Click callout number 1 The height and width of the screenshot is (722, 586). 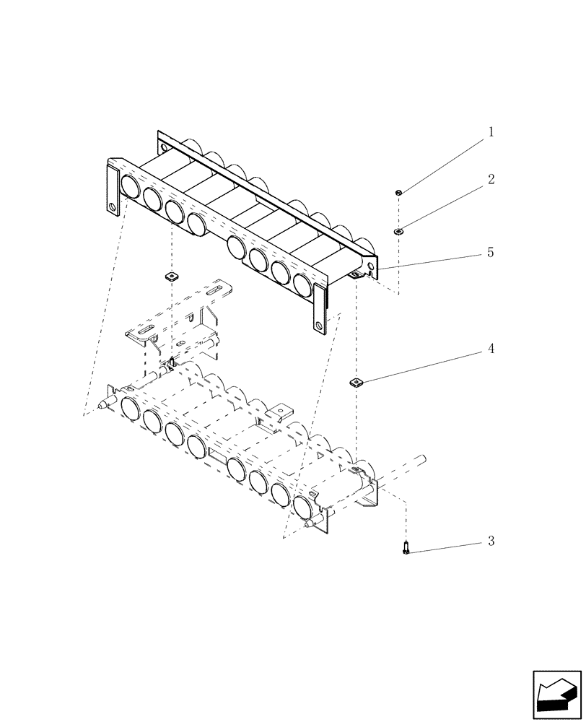pos(491,133)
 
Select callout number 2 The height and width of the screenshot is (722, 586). pos(491,180)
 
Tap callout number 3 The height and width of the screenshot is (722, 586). pos(491,541)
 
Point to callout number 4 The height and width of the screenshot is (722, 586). pos(491,349)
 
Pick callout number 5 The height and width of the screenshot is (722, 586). pos(491,253)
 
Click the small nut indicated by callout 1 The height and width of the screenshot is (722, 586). pos(398,192)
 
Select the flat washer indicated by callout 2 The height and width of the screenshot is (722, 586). pos(398,231)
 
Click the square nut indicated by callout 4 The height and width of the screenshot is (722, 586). pos(355,382)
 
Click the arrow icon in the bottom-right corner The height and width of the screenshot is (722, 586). pos(556,694)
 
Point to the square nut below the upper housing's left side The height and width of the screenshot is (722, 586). pos(171,276)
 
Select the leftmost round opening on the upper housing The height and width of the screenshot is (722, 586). pos(131,187)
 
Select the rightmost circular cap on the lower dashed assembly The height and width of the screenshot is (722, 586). pos(304,508)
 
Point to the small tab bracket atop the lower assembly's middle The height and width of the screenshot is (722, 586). pos(277,416)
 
